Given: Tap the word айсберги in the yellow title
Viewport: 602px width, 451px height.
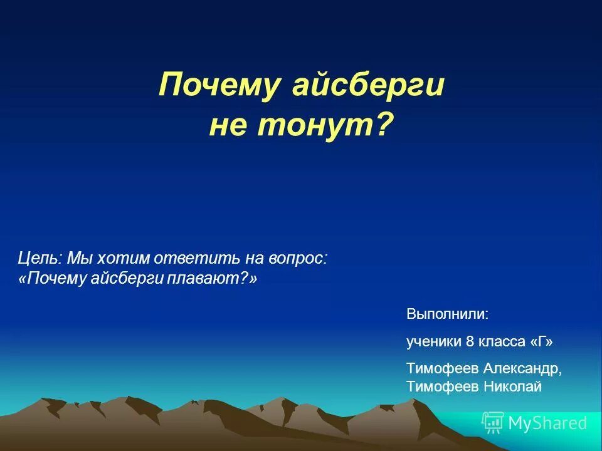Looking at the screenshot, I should pos(368,86).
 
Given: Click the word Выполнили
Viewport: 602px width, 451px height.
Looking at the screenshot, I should pos(447,313).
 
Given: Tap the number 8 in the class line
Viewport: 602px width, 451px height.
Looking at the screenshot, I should pos(470,341).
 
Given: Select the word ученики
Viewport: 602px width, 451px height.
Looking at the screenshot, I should pos(433,341).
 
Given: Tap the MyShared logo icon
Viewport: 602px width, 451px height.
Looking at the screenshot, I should pos(492,423).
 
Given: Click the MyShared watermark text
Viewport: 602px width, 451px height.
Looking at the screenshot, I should pos(547,423).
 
